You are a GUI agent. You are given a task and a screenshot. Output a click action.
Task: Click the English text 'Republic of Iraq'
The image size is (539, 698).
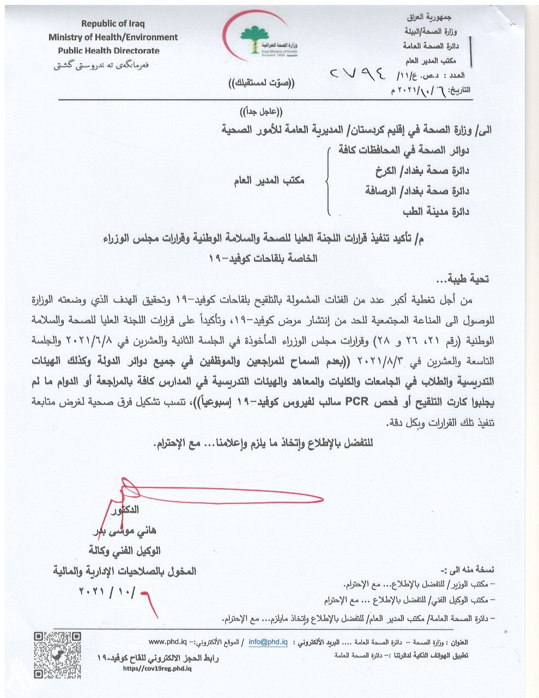tap(113, 23)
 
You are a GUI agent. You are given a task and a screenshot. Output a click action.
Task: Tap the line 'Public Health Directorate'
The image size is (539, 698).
tap(109, 51)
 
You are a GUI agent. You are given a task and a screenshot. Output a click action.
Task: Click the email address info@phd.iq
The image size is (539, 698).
tap(268, 642)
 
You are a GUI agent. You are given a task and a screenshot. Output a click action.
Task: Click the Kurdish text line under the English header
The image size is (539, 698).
tap(101, 65)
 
